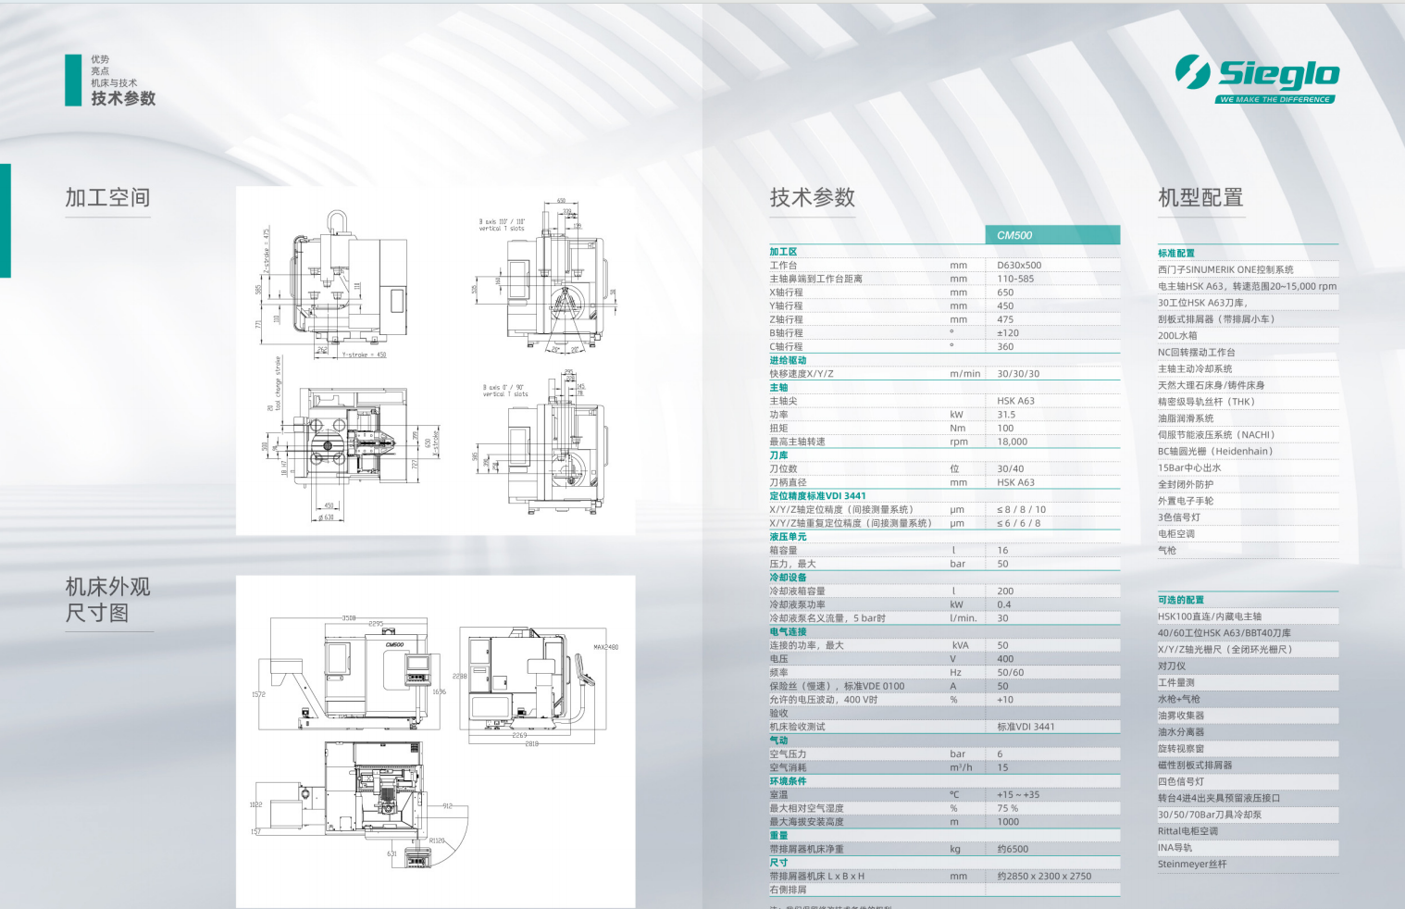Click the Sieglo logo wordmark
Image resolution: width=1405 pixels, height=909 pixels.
[x=1277, y=73]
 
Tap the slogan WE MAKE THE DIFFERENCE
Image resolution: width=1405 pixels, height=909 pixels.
[x=1274, y=99]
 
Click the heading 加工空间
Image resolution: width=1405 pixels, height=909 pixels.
[x=107, y=197]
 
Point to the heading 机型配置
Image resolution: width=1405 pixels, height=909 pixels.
[x=1200, y=197]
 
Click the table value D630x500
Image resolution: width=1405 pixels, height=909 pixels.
[x=1019, y=266]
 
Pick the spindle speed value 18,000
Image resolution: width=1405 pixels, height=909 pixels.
[x=1012, y=442]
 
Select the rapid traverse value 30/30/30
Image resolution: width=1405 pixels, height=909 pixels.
[x=1018, y=374]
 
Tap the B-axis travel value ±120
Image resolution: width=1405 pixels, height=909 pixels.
[x=1008, y=333]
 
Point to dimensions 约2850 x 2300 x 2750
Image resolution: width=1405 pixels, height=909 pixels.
[x=1044, y=876]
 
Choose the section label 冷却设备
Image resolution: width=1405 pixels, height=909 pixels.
[x=788, y=578]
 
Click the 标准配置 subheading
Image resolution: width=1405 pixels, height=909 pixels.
[x=1175, y=254]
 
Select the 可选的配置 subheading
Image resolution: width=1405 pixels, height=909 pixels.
[x=1180, y=600]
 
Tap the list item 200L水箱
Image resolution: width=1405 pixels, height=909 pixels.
[x=1177, y=336]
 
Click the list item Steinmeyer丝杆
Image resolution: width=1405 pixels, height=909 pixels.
[x=1192, y=865]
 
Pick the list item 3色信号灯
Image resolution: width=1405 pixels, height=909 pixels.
[x=1179, y=517]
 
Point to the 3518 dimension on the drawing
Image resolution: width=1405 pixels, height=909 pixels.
[x=349, y=617]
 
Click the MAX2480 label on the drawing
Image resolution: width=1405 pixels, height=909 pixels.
[x=605, y=647]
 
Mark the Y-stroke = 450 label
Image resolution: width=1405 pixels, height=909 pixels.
[x=364, y=355]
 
